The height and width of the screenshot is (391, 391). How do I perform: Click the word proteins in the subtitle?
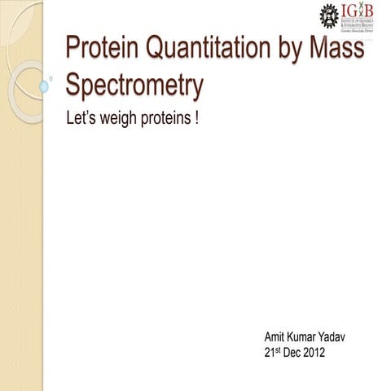click(x=165, y=120)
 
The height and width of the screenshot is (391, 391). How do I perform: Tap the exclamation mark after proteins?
click(x=197, y=119)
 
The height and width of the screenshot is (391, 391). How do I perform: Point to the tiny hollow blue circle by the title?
click(x=53, y=79)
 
